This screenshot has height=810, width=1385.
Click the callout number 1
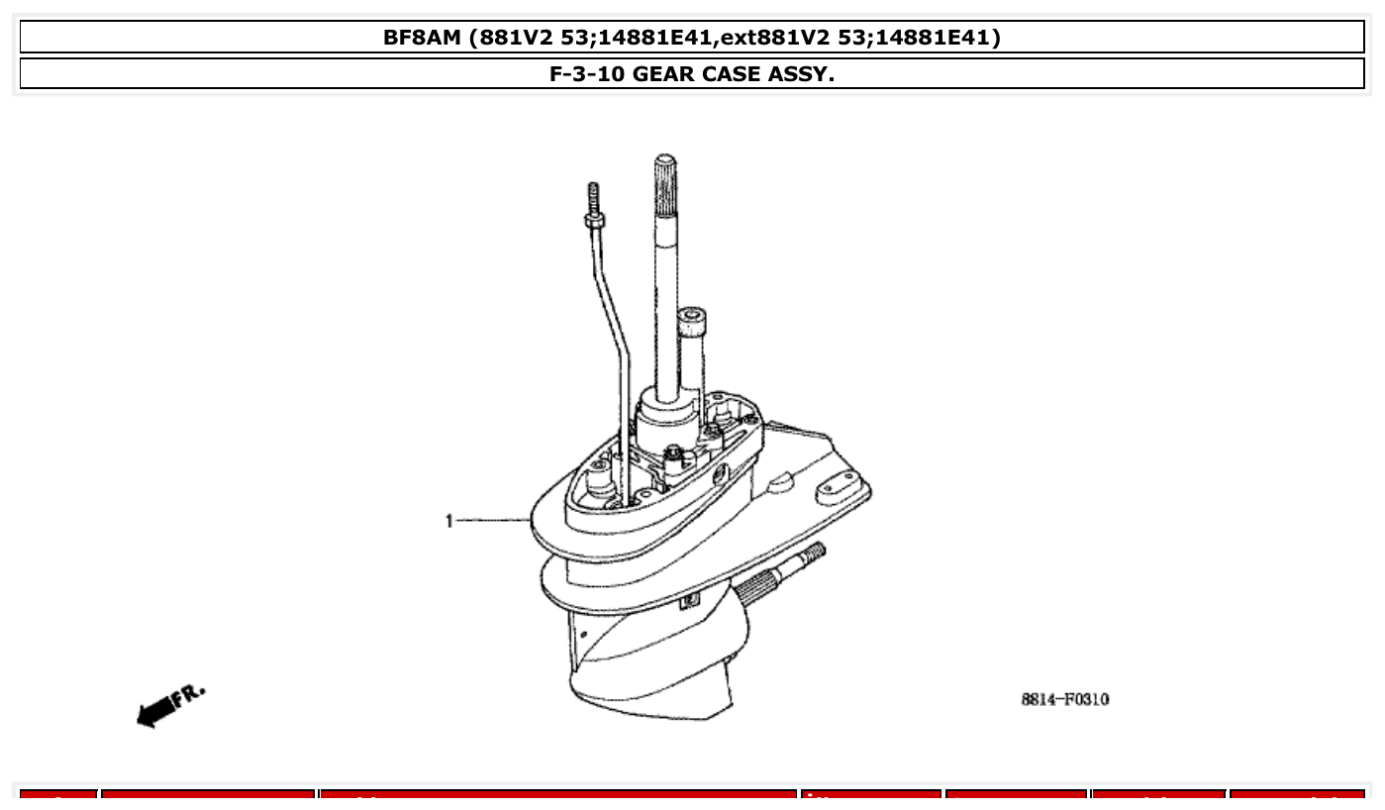point(449,520)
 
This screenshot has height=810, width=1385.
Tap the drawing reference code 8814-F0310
point(1064,700)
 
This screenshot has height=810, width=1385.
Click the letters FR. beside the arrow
point(190,695)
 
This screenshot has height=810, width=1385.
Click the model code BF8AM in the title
point(423,38)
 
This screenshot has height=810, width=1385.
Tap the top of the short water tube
point(693,319)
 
